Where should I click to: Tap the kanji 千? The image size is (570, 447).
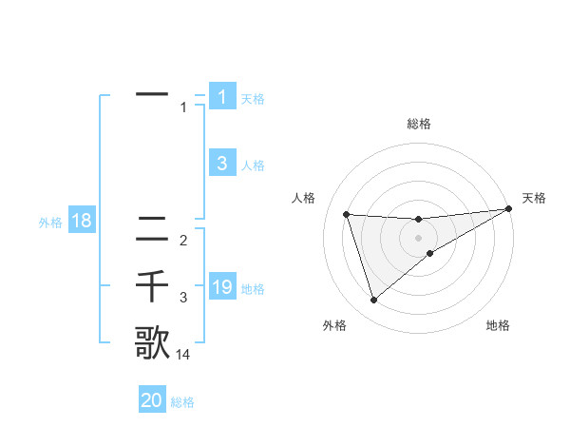152,285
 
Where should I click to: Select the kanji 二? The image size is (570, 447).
152,228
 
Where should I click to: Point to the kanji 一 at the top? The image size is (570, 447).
152,95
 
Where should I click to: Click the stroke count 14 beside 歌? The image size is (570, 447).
183,355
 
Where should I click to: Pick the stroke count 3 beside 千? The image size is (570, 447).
183,298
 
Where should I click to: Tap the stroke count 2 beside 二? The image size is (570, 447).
183,241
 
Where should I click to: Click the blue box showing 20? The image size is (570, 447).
152,400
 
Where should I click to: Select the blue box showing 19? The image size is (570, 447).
221,287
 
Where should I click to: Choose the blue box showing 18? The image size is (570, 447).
82,222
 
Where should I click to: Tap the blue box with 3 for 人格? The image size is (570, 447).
221,164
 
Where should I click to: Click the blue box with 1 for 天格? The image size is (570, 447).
221,97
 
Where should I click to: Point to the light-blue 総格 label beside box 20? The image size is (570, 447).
182,402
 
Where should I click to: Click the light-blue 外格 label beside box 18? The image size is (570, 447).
49,223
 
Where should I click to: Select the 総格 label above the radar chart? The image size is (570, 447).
418,124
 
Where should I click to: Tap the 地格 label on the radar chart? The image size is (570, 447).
498,326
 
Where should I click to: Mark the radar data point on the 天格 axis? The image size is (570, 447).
509,209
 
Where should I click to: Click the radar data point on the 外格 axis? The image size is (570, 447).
373,301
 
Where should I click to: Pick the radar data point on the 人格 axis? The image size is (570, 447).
347,214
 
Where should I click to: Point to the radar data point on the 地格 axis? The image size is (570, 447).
430,253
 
